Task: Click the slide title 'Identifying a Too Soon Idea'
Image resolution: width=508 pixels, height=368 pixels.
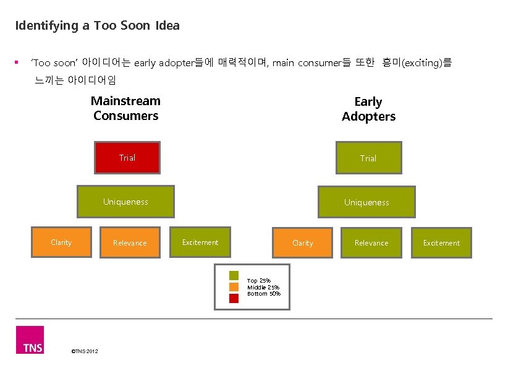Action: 97,26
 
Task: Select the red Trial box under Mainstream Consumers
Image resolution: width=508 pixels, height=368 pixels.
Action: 127,158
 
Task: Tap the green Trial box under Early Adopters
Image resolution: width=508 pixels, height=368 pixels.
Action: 368,158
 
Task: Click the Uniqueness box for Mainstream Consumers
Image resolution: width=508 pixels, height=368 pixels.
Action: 125,202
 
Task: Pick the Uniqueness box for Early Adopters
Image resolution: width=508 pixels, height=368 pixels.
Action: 366,202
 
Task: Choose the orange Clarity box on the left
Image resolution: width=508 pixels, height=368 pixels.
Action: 61,242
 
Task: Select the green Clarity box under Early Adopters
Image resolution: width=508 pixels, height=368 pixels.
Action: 302,243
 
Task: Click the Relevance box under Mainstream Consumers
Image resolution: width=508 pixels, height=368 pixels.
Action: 130,243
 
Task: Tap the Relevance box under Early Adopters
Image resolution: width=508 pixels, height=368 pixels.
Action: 371,243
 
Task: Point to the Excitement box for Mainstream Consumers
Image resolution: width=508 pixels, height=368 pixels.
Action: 200,242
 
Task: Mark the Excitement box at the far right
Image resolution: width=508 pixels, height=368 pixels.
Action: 441,243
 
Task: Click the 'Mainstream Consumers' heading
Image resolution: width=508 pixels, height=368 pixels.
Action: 126,108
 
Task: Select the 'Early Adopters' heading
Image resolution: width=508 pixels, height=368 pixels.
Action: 368,109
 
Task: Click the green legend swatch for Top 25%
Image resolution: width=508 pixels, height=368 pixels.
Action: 234,276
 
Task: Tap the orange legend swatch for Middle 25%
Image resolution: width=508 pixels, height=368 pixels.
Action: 234,287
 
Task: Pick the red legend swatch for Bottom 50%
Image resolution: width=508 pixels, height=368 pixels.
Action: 234,298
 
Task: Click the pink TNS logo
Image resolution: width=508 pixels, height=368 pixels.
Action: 30,340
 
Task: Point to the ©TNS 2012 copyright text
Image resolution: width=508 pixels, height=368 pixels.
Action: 85,351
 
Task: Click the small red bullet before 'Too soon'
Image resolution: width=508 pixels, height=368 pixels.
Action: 17,62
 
